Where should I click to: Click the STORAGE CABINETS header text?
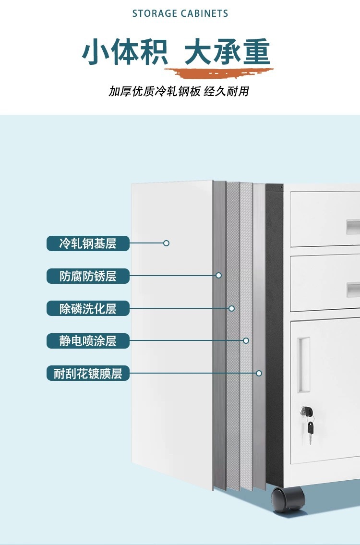coord(180,13)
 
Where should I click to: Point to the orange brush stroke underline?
coord(218,73)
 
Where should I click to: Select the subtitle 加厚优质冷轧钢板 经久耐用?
coord(179,91)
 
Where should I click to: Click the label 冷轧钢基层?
coord(88,243)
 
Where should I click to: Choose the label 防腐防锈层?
coord(88,276)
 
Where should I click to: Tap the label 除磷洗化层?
coord(88,308)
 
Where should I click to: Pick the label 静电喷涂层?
coord(88,341)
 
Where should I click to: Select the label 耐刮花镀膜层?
coord(88,373)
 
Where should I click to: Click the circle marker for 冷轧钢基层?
coord(166,243)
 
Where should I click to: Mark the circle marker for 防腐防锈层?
coord(218,276)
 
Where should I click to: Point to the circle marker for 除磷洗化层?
coord(231,308)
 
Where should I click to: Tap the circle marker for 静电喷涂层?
coord(246,340)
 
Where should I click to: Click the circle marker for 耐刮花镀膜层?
coord(259,373)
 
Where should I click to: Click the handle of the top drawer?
coord(353,225)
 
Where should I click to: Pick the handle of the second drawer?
coord(353,289)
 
